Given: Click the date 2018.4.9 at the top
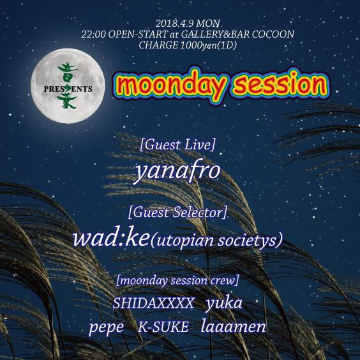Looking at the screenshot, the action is coord(174,24).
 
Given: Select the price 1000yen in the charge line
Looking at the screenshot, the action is coord(199,45).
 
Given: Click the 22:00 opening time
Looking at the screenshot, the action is coord(93,34).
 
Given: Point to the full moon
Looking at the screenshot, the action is coord(68,86).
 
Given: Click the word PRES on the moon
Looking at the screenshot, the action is coord(54,89).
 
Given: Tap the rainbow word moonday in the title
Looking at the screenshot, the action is coord(170,84).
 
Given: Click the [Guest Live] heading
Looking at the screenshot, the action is coord(177,145).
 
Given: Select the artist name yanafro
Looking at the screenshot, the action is coord(177,171).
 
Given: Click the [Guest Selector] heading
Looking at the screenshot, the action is coord(177,213).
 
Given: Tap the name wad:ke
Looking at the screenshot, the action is coord(111,238).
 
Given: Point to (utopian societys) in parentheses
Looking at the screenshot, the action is coord(216,241).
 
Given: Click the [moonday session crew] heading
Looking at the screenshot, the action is coord(177,281).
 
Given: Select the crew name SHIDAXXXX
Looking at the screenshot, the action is coord(154,303).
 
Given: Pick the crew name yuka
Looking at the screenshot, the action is coord(223,304).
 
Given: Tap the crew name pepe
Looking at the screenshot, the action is coord(106,327).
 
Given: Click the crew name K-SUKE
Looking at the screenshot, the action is coord(163,327).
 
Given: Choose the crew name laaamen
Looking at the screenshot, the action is coord(233,326).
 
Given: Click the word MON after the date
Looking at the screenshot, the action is coord(208,24).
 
